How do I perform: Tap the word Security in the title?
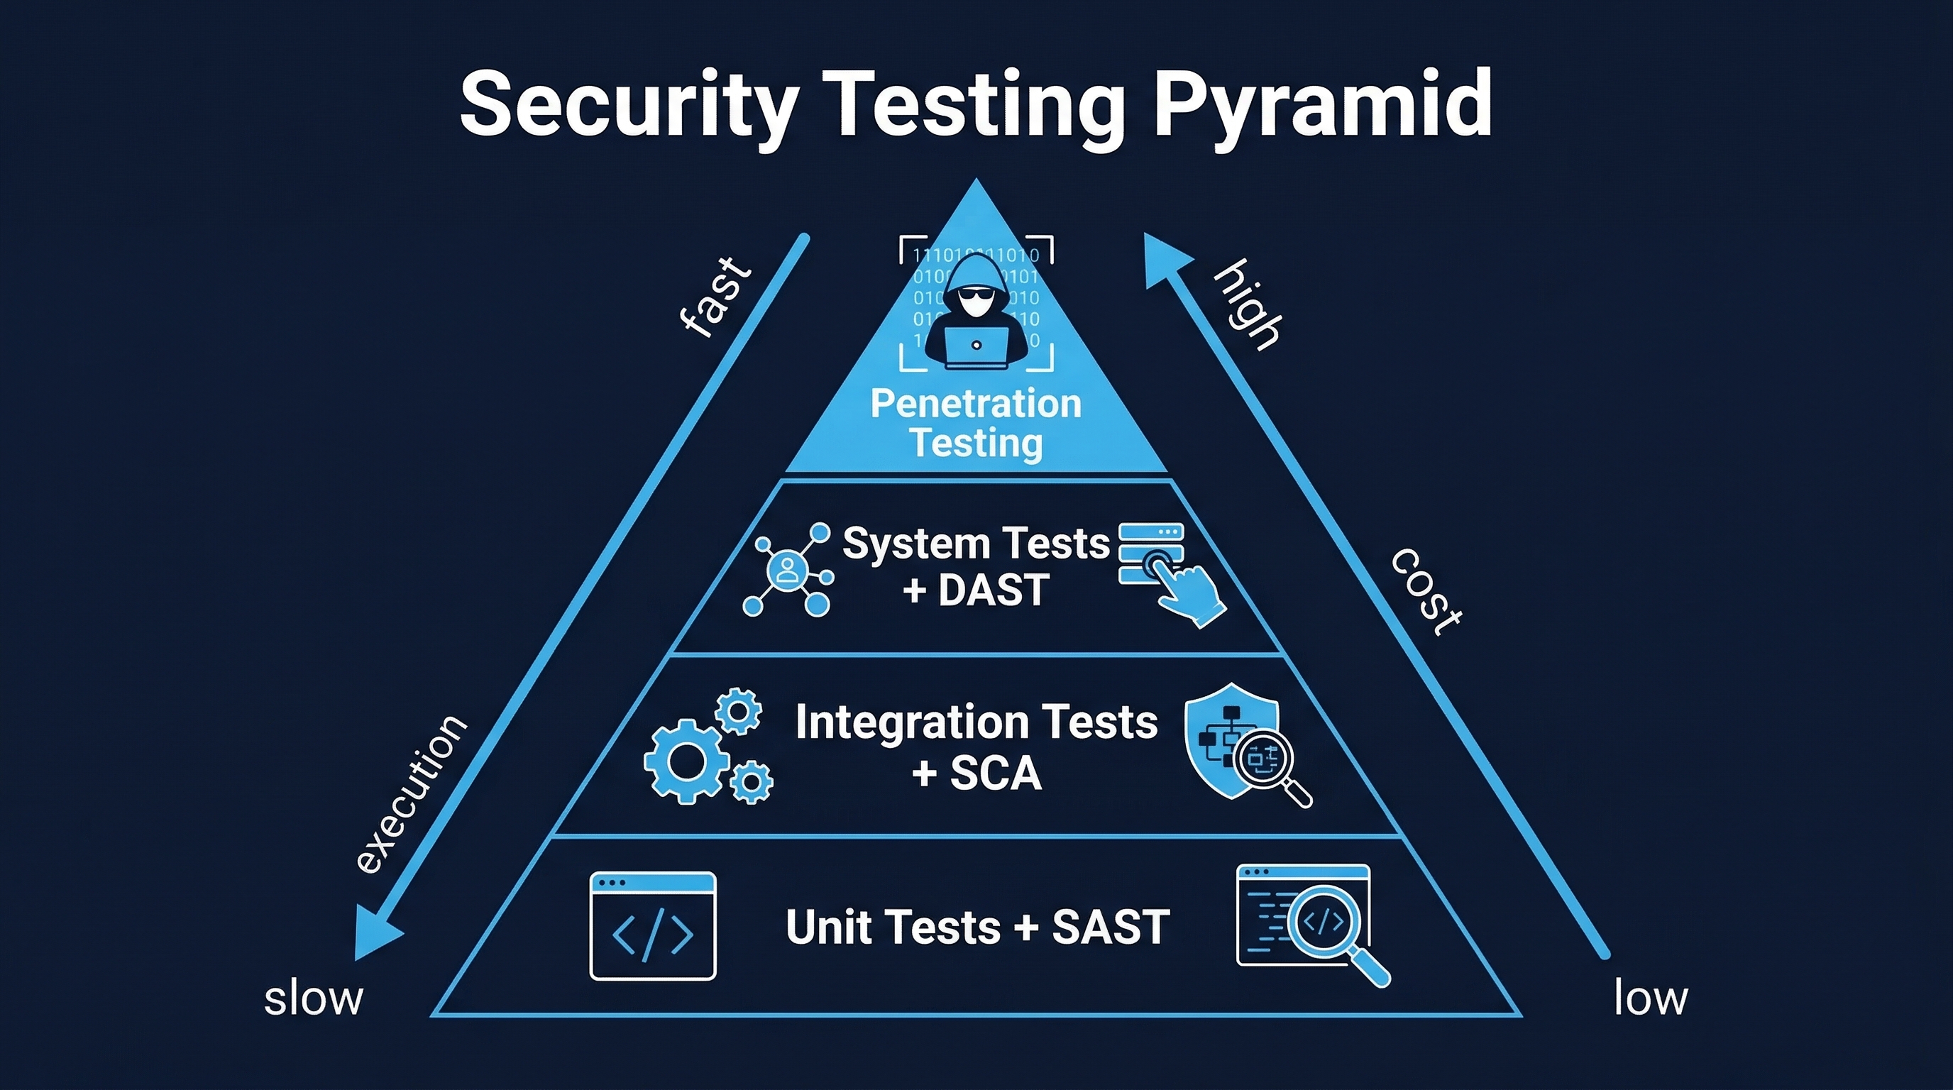[x=629, y=104]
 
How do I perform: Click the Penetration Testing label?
[x=976, y=423]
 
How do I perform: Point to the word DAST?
[x=994, y=590]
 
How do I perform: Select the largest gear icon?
[x=686, y=760]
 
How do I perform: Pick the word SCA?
[x=996, y=774]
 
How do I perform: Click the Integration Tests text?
[x=976, y=722]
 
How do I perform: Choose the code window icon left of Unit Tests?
[x=653, y=925]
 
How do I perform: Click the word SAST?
[x=1111, y=927]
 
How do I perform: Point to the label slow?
[x=313, y=999]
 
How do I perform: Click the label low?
[x=1651, y=998]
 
